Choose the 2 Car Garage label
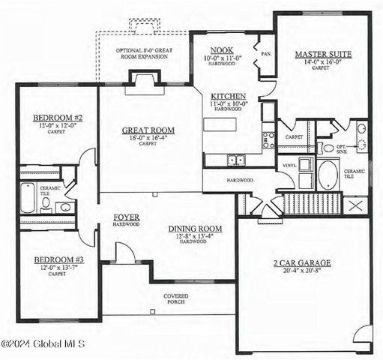point(302,262)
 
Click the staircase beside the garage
point(313,202)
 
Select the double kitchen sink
point(235,159)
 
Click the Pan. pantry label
point(266,53)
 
